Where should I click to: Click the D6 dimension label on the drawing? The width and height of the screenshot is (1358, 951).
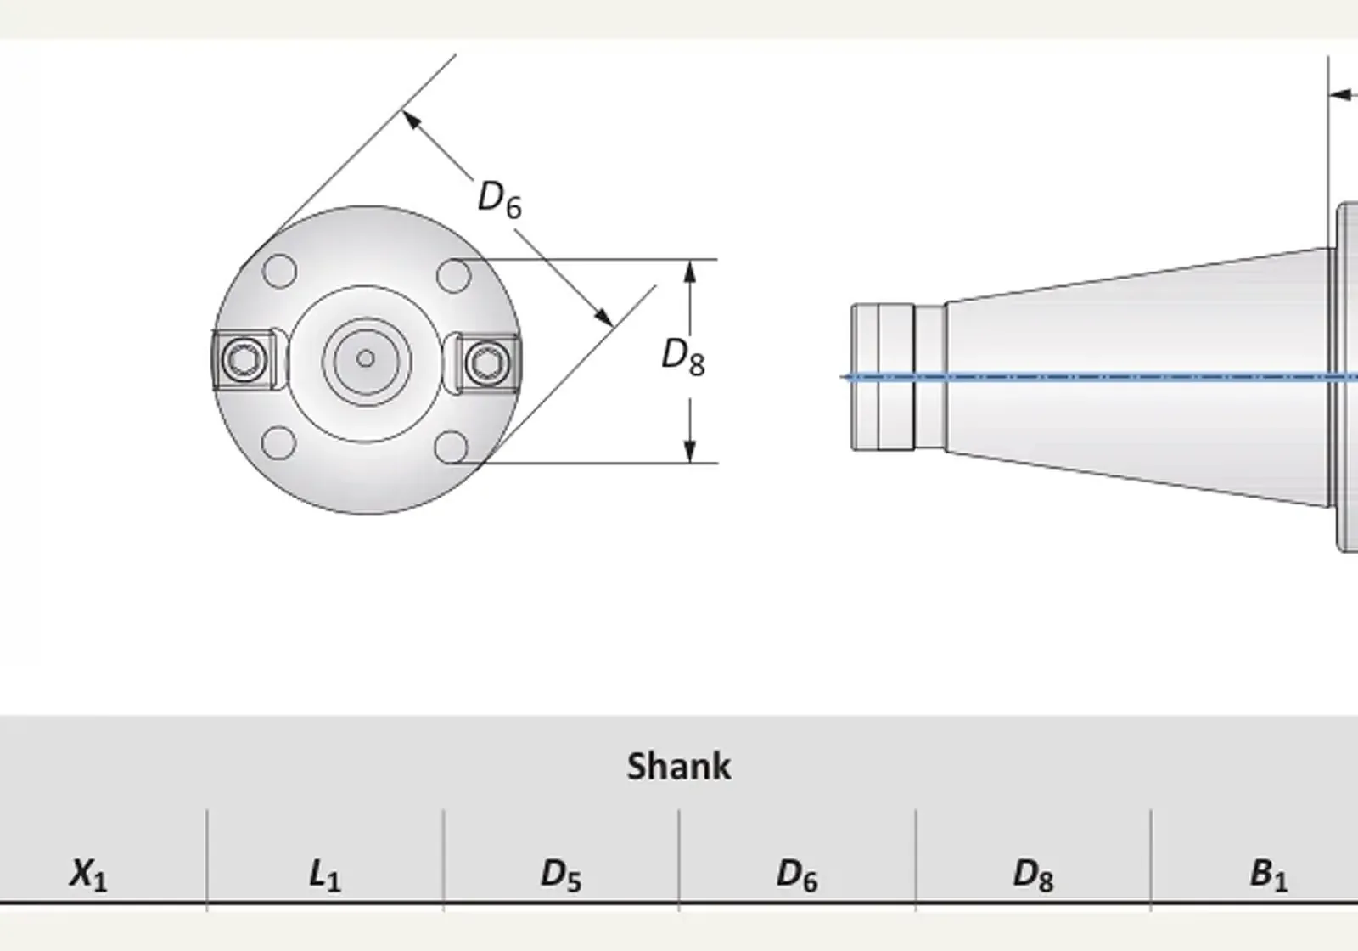[x=500, y=199]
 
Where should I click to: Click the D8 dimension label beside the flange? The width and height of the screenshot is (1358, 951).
[x=683, y=357]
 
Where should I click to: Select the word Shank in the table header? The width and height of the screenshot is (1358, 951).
[x=679, y=766]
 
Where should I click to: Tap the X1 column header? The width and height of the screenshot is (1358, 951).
[x=89, y=875]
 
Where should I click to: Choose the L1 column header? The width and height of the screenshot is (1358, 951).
[x=325, y=875]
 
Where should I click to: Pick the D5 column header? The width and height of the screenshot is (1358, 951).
[x=561, y=875]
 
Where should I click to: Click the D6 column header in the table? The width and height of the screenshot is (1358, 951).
[x=797, y=875]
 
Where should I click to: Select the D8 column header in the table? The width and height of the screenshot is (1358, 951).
[x=1033, y=875]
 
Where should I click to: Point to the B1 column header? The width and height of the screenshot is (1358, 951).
[x=1268, y=875]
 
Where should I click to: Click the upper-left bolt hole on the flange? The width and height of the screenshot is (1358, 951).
[x=279, y=271]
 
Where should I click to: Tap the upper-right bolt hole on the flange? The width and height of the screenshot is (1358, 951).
[x=453, y=275]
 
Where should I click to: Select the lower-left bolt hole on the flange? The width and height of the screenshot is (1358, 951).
[x=279, y=442]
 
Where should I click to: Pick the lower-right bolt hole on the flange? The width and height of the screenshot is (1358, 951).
[x=451, y=447]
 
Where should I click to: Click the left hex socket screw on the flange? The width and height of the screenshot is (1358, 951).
[x=244, y=360]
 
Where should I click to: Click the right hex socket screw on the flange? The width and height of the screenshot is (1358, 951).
[x=487, y=363]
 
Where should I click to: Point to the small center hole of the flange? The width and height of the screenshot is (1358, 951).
[x=365, y=358]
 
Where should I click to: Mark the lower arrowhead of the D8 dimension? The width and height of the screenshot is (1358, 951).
[x=689, y=451]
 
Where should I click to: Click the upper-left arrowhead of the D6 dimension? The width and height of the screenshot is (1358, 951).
[x=411, y=120]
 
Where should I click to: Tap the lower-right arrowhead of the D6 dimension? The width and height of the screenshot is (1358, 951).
[x=603, y=317]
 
